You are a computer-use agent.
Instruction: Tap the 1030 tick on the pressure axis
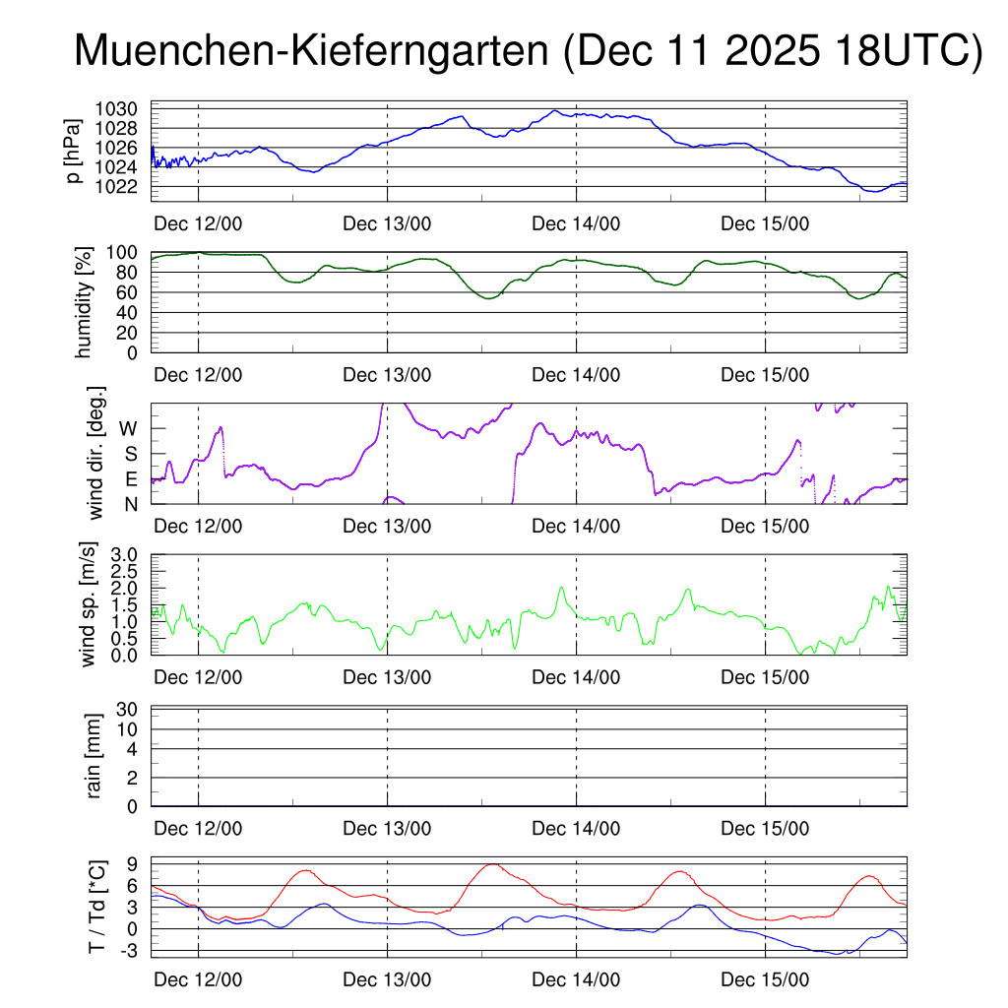[123, 108]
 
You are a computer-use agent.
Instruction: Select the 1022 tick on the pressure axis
[123, 186]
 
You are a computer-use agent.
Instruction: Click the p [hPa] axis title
[73, 151]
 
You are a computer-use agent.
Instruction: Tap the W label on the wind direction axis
[129, 428]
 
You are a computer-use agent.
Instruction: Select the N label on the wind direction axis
[131, 504]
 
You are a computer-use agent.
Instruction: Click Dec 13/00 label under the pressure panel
[387, 223]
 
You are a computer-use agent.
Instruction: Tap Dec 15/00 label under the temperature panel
[765, 980]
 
